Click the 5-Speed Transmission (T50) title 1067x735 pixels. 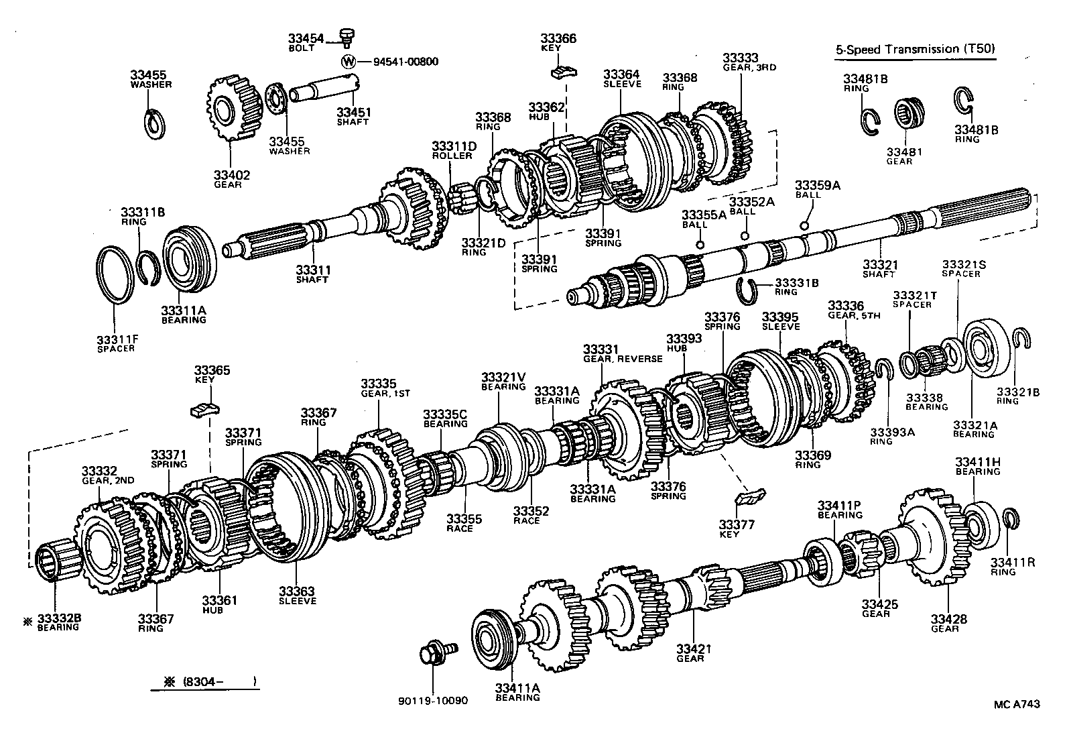[915, 49]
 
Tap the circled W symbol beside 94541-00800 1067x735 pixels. [348, 62]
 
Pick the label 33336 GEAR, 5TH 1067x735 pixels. [851, 310]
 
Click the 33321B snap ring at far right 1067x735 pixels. [1020, 341]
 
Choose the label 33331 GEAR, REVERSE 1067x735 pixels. [621, 353]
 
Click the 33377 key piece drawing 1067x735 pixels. [750, 497]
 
